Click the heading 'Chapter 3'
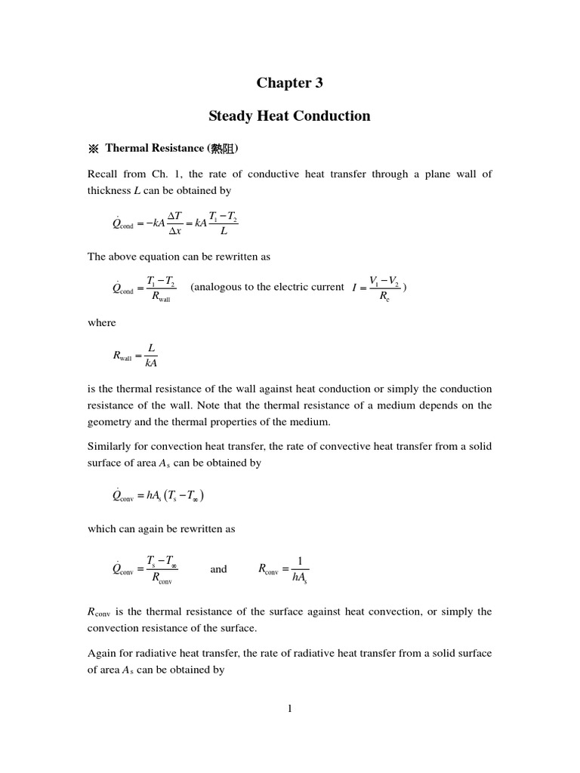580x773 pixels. [289, 83]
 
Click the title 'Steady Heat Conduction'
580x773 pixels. [289, 116]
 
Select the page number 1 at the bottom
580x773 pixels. [289, 708]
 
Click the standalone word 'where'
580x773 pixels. [102, 322]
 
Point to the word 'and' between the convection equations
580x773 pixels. [218, 569]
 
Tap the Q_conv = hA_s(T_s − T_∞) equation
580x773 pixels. [158, 496]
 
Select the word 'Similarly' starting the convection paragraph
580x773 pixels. [110, 446]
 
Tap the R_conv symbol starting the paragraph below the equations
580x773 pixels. [100, 611]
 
